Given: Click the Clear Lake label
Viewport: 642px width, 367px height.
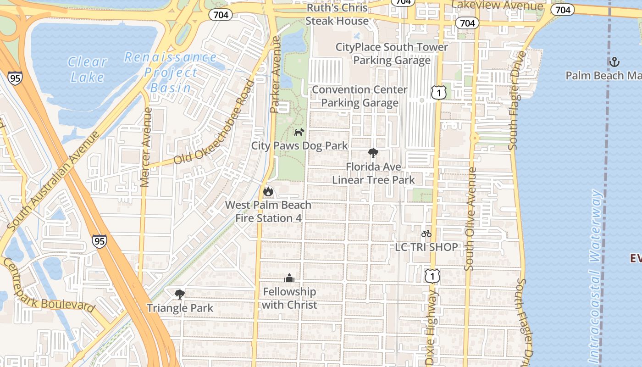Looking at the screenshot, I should point(88,69).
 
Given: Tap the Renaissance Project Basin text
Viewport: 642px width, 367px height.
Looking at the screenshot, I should point(171,72).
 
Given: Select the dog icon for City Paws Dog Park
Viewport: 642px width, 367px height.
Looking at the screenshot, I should point(299,133).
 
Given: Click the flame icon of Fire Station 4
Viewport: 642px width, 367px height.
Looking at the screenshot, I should point(268,192).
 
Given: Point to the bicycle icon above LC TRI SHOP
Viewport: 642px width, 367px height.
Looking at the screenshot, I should point(426,234).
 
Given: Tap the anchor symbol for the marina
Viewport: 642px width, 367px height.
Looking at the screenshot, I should point(614,61).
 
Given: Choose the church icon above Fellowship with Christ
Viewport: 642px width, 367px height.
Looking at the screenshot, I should point(289,278).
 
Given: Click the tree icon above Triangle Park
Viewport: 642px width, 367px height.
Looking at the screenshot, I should point(180,294).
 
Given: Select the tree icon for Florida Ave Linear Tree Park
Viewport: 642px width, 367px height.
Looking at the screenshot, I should point(373,153).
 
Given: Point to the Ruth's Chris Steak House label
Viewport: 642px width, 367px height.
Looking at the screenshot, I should point(337,14).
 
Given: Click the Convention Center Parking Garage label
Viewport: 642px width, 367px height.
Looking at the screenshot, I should point(360,96).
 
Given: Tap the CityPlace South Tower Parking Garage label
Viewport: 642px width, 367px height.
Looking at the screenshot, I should point(392,54).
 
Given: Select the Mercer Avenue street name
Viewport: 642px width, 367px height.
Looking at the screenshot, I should point(146,147).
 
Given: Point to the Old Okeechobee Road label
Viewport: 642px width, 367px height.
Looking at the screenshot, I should point(214,123).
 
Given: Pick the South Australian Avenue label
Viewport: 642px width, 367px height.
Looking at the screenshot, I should point(54,181).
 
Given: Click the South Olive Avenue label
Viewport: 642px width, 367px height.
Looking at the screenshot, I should point(470,218).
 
